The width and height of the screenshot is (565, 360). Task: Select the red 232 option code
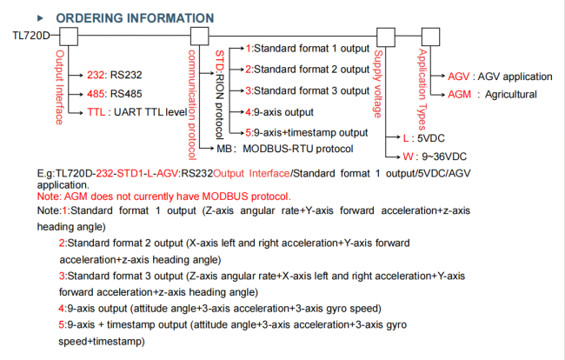[x=96, y=75]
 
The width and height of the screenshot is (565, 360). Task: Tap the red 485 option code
[x=96, y=93]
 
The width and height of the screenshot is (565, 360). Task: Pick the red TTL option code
[x=96, y=112]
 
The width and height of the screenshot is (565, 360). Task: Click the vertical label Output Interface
[x=60, y=87]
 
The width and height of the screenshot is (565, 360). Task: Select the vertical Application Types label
[x=422, y=83]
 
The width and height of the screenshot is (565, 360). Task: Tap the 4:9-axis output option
[x=278, y=112]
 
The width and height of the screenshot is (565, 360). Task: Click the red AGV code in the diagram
[x=459, y=76]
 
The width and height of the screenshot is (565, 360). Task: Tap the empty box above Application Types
[x=428, y=37]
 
